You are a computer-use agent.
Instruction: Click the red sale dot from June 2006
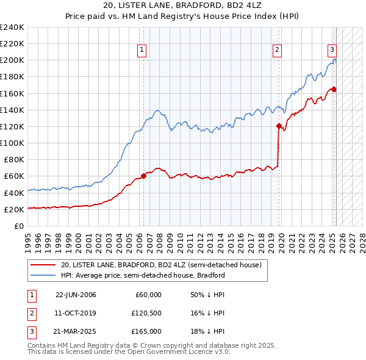[144, 176]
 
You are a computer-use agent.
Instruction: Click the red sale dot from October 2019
[279, 126]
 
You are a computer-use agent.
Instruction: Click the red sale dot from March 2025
[334, 90]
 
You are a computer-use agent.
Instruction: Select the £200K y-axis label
[12, 60]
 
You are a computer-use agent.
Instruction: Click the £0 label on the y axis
[19, 226]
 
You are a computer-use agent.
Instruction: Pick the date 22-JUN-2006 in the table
[76, 295]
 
